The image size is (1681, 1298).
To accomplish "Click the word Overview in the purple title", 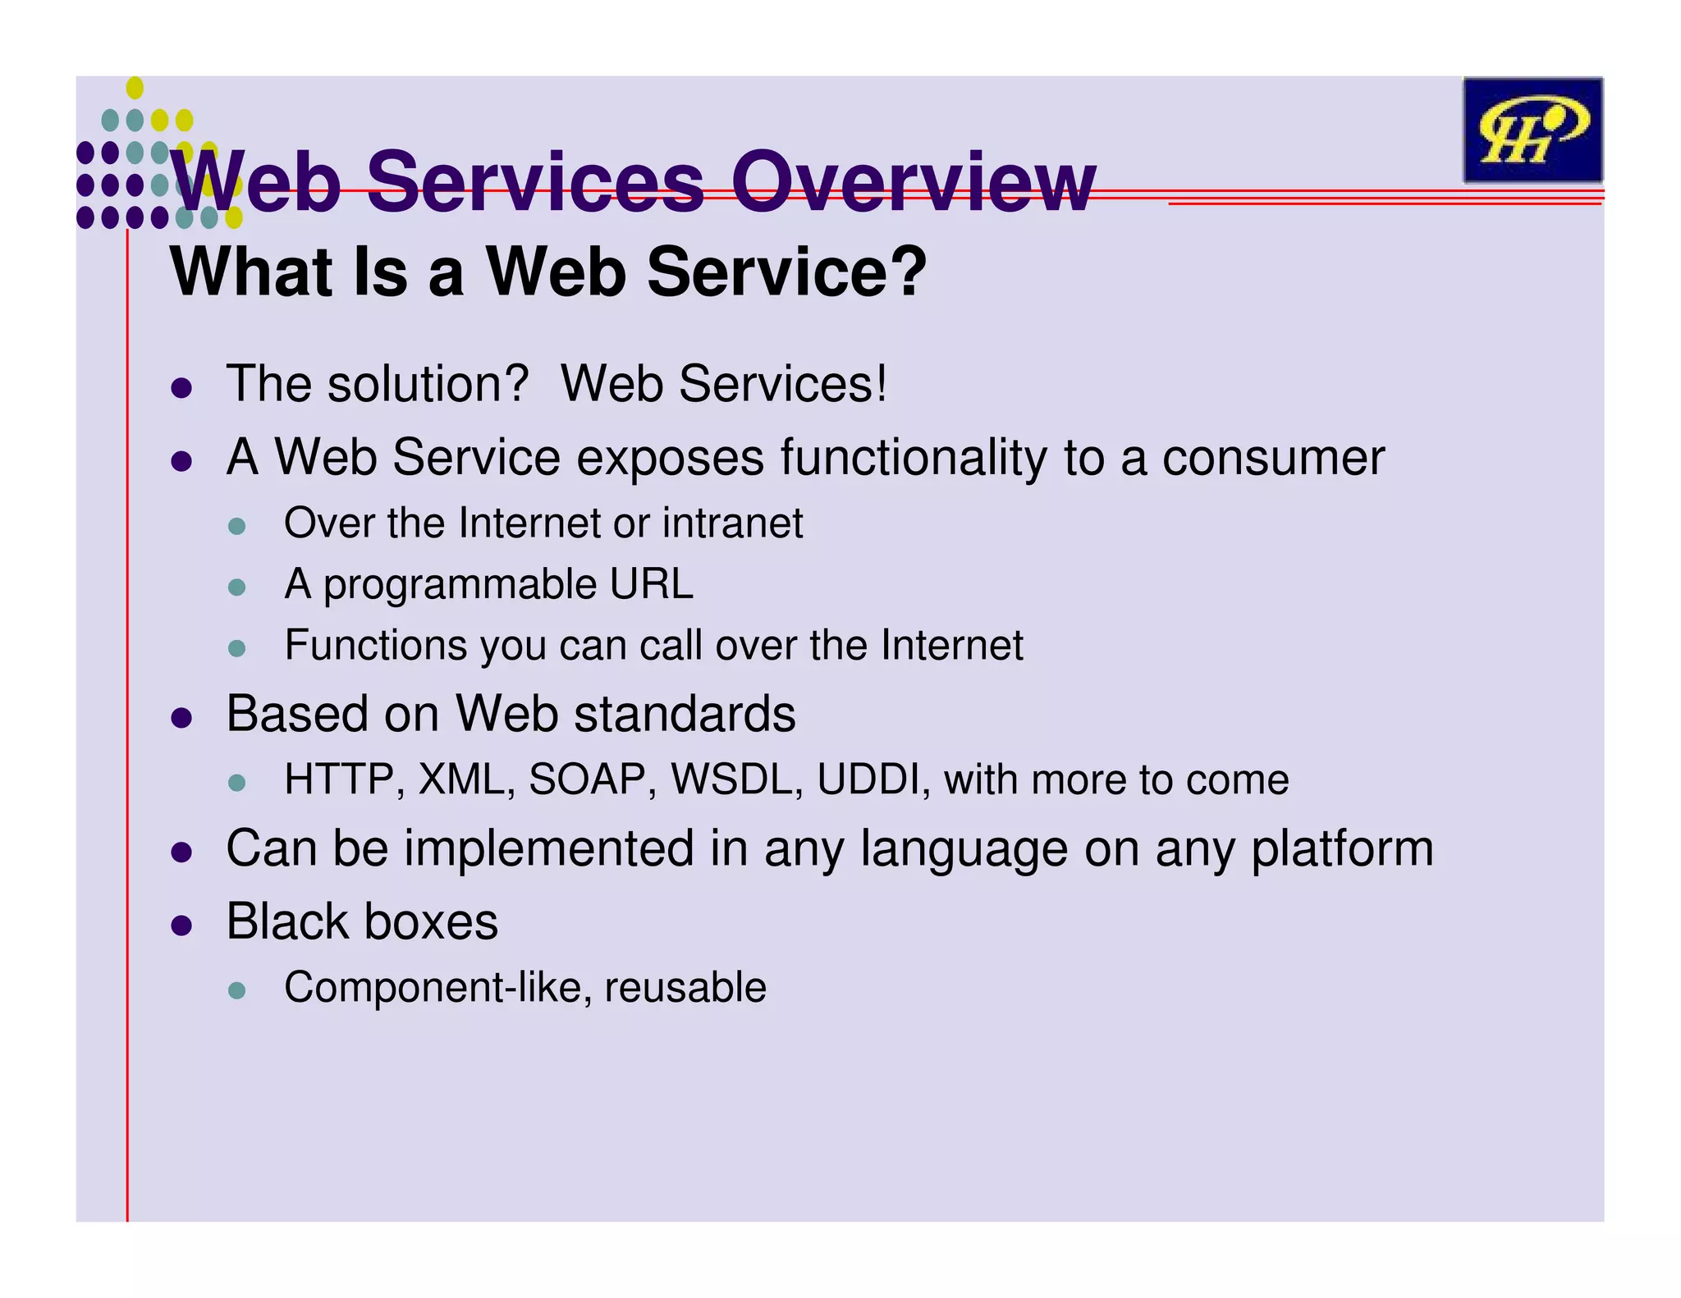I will [x=913, y=182].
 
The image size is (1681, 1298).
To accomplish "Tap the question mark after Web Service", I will [x=908, y=272].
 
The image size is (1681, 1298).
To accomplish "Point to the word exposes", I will [x=670, y=458].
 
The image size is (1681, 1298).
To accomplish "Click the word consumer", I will [x=1273, y=458].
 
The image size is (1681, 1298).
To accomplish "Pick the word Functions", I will [x=375, y=645].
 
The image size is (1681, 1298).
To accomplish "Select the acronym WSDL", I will [x=736, y=779].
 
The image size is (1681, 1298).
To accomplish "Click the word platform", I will [x=1342, y=848].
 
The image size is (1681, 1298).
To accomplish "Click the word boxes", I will [x=430, y=921].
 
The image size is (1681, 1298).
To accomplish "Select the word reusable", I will [x=685, y=987].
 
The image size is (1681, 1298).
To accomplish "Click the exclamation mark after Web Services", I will [x=881, y=384].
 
